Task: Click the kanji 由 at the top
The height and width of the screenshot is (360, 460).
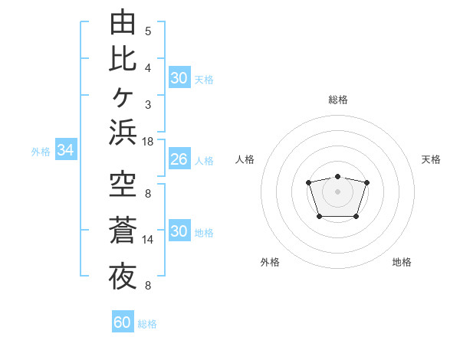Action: [x=123, y=21]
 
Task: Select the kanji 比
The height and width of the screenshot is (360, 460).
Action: [x=123, y=59]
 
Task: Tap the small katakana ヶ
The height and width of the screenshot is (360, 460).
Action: [x=123, y=97]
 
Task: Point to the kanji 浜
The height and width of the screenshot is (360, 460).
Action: [x=123, y=132]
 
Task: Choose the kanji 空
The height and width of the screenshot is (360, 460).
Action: [x=123, y=184]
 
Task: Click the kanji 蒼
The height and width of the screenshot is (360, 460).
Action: [x=123, y=230]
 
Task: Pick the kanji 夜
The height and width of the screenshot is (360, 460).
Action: [x=123, y=277]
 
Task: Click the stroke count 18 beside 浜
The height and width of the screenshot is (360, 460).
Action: [x=147, y=142]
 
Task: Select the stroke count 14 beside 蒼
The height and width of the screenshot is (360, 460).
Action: [x=147, y=240]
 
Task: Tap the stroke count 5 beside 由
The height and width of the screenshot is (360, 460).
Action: [x=148, y=31]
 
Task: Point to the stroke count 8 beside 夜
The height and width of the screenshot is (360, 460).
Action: [x=148, y=285]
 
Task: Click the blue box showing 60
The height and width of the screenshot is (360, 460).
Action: [x=123, y=321]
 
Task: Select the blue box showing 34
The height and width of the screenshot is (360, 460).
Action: [x=66, y=149]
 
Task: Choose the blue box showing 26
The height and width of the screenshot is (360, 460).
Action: [x=179, y=159]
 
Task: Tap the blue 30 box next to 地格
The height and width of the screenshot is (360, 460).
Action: [x=179, y=230]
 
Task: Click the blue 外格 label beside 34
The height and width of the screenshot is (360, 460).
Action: [x=41, y=152]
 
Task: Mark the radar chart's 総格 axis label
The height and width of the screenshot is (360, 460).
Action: [x=338, y=100]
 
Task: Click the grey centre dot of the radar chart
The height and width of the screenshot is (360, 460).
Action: [x=337, y=191]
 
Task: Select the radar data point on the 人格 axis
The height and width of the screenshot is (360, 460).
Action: [x=308, y=182]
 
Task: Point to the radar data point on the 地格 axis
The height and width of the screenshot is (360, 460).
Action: [x=356, y=217]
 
